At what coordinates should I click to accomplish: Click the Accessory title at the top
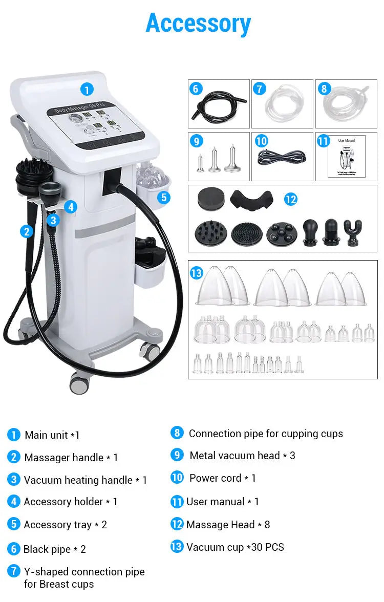(198, 24)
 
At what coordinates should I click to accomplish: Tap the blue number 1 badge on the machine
(87, 90)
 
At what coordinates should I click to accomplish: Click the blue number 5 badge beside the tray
(163, 197)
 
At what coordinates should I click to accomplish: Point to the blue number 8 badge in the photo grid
(323, 89)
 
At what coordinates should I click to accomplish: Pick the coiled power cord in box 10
(281, 157)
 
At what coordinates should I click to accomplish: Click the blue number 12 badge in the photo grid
(290, 199)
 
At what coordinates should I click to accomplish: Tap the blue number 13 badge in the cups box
(197, 273)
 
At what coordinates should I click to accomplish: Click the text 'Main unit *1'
(52, 435)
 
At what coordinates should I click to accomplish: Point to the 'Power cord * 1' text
(222, 478)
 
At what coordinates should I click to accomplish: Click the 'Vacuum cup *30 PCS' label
(235, 547)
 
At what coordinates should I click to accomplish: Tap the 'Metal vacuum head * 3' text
(242, 456)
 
